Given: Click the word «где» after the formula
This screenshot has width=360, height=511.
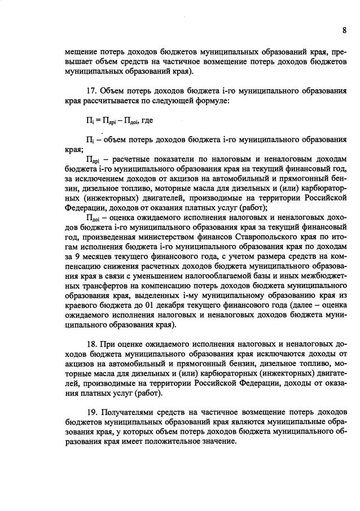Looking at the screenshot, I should (x=150, y=121).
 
